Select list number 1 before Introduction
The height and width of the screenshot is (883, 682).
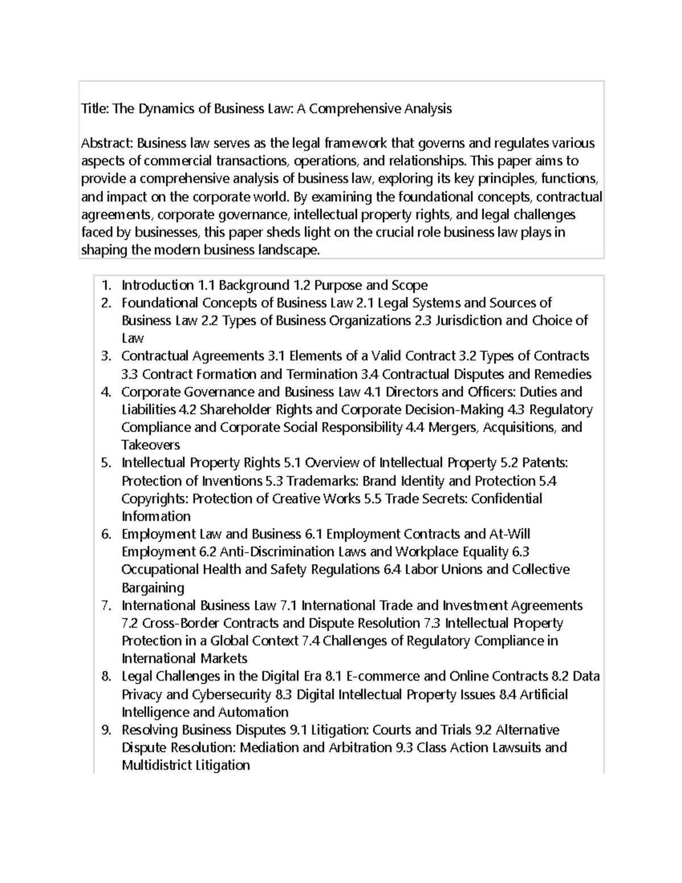pyautogui.click(x=105, y=285)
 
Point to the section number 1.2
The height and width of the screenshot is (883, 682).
pyautogui.click(x=302, y=285)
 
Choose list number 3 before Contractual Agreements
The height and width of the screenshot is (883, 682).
pyautogui.click(x=105, y=356)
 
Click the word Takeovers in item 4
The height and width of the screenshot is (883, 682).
pyautogui.click(x=151, y=445)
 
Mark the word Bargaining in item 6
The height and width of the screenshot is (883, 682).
pyautogui.click(x=153, y=587)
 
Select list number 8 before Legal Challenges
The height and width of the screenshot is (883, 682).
pyautogui.click(x=105, y=677)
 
